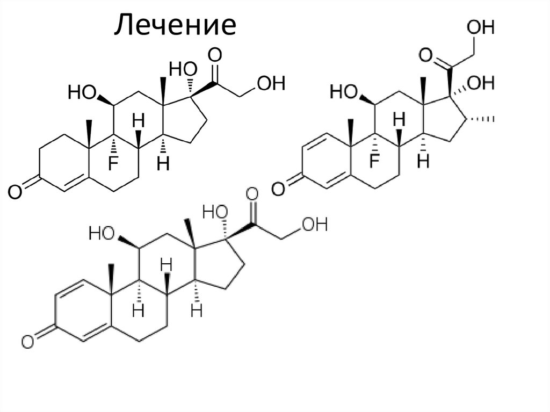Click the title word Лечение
click(175, 25)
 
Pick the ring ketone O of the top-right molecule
click(278, 188)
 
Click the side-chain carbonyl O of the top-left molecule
click(215, 54)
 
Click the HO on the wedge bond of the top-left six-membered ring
click(82, 93)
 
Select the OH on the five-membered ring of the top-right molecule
click(481, 83)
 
